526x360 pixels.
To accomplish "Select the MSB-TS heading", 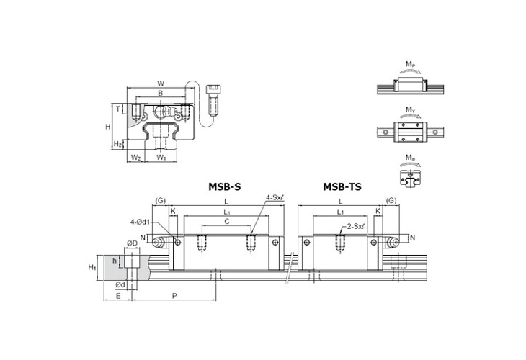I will (x=342, y=186).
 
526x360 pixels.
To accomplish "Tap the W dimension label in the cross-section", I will (x=160, y=83).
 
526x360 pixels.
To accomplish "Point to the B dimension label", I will (x=160, y=94).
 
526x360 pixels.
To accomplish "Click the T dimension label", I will (x=118, y=109).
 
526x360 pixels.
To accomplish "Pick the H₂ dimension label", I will (x=117, y=144).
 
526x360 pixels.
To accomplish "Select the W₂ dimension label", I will (x=135, y=157).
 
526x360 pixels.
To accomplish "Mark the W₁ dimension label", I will (x=161, y=157).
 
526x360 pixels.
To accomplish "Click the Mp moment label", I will (x=409, y=65).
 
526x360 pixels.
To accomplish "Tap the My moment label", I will (x=409, y=110).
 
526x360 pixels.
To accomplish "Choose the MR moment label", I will (x=409, y=157).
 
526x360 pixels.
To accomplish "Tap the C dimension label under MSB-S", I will (x=226, y=222).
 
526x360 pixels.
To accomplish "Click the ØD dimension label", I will (x=132, y=243).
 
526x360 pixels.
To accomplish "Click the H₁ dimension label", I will (x=92, y=267).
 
